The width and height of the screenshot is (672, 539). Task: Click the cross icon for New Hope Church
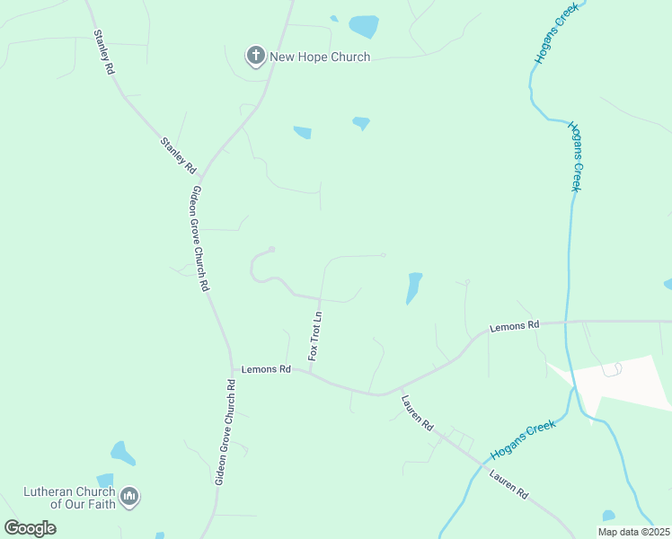point(255,57)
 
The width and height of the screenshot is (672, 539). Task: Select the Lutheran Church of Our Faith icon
point(129,496)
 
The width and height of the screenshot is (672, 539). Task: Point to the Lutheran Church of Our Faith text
point(70,498)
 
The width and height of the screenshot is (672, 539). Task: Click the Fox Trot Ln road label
point(314,336)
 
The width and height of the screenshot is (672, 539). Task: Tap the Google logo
point(30,527)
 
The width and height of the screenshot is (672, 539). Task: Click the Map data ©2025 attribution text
point(633,532)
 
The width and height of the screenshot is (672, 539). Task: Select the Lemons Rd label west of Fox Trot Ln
point(266,369)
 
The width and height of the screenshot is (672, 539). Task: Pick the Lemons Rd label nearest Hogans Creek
point(514,326)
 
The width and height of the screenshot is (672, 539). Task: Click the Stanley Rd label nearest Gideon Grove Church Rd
point(178,155)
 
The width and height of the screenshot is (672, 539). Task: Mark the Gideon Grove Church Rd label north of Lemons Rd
point(199,238)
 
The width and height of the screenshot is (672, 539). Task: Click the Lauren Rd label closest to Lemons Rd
point(417,413)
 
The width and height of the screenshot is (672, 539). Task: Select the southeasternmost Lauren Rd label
point(508,483)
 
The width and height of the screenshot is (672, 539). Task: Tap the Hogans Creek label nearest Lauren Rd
point(522,439)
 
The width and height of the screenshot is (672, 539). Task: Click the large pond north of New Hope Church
point(364,26)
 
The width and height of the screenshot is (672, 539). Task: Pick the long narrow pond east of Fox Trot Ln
point(413,287)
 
